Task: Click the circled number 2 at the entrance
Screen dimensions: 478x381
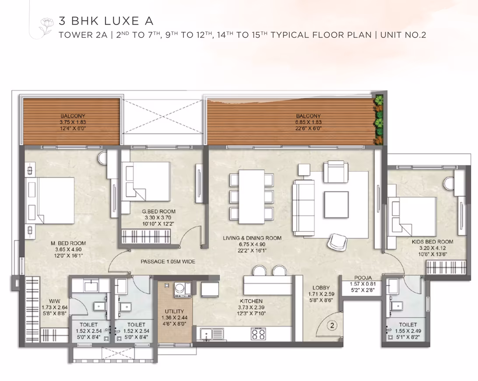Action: [x=332, y=325]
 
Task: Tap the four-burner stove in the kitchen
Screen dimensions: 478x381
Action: [x=258, y=334]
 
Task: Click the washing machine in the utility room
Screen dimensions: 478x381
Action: [x=183, y=290]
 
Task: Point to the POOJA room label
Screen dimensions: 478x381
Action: [x=363, y=278]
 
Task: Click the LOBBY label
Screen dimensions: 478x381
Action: [x=321, y=288]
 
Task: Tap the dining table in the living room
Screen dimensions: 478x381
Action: [x=252, y=197]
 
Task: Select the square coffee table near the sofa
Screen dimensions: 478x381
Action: [x=336, y=205]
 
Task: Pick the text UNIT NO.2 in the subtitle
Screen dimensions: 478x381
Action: [x=403, y=35]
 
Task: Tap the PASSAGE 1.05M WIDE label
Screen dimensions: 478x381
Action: [x=168, y=261]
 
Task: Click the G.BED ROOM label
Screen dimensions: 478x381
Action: [x=158, y=212]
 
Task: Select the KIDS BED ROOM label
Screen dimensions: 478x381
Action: [x=432, y=242]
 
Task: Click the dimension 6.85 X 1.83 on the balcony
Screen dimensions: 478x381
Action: [x=308, y=122]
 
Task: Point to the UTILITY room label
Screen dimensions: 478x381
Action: [x=174, y=311]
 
